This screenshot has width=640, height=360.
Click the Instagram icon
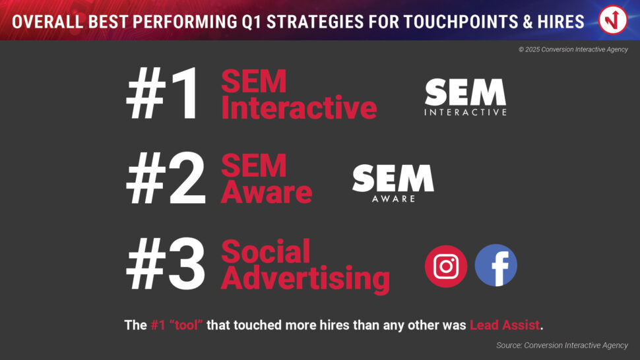pyautogui.click(x=446, y=266)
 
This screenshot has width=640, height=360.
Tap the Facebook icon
pyautogui.click(x=496, y=266)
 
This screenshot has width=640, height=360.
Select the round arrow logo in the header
pyautogui.click(x=613, y=20)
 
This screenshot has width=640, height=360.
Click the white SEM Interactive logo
pyautogui.click(x=465, y=98)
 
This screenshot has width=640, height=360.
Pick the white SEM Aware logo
pyautogui.click(x=393, y=183)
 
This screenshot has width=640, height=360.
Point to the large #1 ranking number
pyautogui.click(x=163, y=94)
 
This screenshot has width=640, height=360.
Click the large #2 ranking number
pyautogui.click(x=166, y=178)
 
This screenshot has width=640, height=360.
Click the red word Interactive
pyautogui.click(x=299, y=107)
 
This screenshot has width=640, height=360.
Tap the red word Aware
pyautogui.click(x=267, y=192)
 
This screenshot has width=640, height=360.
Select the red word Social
pyautogui.click(x=266, y=252)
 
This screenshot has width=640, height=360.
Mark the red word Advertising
pyautogui.click(x=305, y=279)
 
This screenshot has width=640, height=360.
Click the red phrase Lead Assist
pyautogui.click(x=505, y=325)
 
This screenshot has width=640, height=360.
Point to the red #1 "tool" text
pyautogui.click(x=177, y=325)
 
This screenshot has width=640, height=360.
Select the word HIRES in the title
pyautogui.click(x=561, y=22)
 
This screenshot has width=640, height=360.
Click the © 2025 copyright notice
pyautogui.click(x=573, y=49)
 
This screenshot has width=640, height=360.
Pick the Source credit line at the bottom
pyautogui.click(x=562, y=345)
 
